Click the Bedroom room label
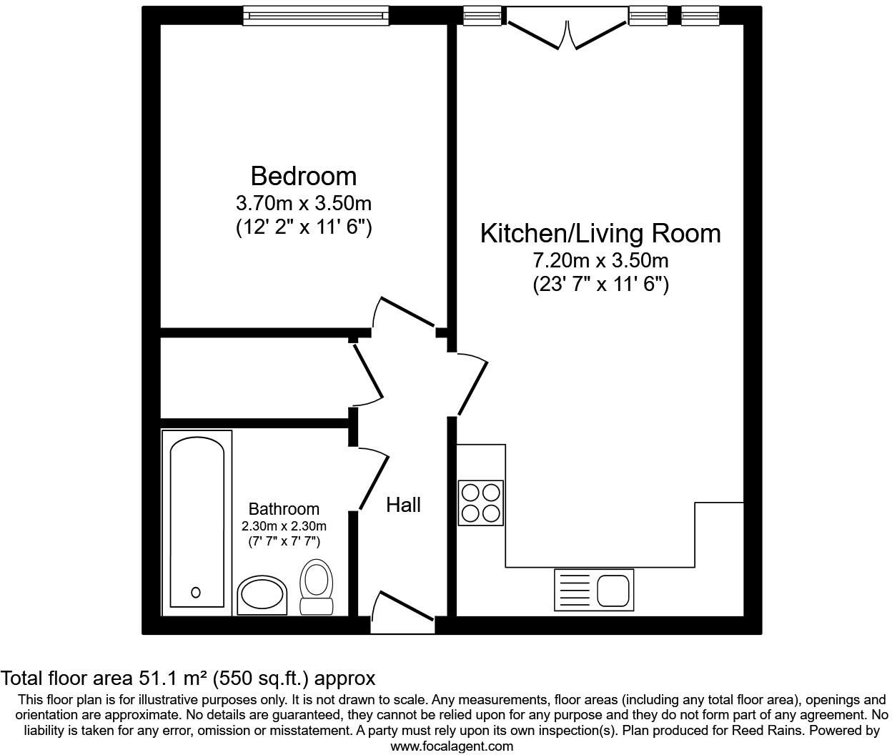(x=303, y=176)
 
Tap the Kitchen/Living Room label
(x=600, y=234)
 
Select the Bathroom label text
(x=284, y=509)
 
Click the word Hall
(x=403, y=505)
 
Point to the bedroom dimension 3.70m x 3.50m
(x=303, y=204)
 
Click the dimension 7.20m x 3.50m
(x=600, y=261)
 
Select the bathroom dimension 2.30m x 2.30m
(x=284, y=526)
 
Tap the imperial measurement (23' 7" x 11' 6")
(x=600, y=285)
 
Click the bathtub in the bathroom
(x=197, y=522)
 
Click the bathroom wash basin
(x=262, y=596)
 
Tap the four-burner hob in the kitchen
(x=480, y=503)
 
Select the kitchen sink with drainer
(x=593, y=590)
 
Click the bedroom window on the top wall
(x=315, y=15)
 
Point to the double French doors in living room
(x=566, y=32)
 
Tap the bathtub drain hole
(x=196, y=592)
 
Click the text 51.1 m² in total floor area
(x=173, y=678)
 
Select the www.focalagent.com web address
(x=452, y=746)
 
